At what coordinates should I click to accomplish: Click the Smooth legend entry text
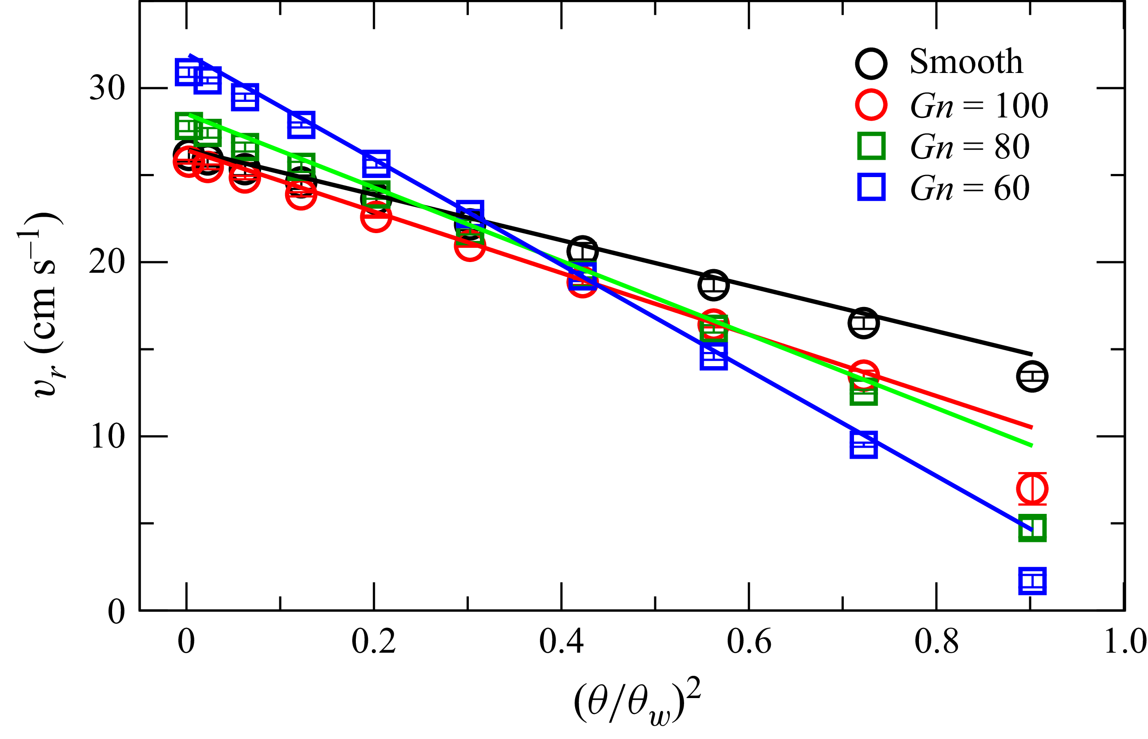pos(965,62)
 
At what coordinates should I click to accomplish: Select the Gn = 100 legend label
pos(979,105)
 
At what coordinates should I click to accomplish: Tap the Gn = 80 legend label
pos(970,147)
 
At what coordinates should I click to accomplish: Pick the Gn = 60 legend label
pos(970,188)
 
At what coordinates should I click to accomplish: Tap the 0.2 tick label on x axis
pos(374,642)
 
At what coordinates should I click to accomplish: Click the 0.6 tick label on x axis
pos(749,642)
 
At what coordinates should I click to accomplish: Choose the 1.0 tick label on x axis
pos(1124,642)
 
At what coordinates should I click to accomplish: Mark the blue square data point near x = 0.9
pos(1032,582)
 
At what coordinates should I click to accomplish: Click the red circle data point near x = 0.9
pos(1032,489)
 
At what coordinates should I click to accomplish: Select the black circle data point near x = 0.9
pos(1032,376)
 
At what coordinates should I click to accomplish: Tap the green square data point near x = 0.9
pos(1032,529)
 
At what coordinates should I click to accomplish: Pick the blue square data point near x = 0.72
pos(863,445)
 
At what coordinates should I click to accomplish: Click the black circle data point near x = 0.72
pos(863,323)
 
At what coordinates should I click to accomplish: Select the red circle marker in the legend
pos(871,105)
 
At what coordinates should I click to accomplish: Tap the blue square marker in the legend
pos(871,187)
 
